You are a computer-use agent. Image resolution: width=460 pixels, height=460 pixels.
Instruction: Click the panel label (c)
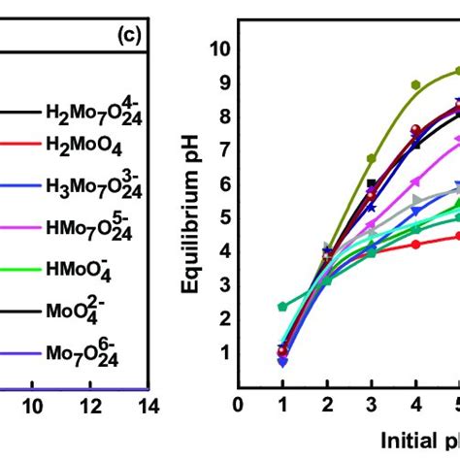coord(130,37)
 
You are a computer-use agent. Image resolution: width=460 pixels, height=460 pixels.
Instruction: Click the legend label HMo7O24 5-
coord(92,228)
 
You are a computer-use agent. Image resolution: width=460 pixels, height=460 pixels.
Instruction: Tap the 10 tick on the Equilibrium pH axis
coord(221,49)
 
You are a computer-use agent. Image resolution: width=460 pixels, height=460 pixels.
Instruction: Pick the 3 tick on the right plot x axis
coord(371,404)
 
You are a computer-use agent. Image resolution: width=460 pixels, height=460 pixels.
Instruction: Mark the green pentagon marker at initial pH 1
coord(282,307)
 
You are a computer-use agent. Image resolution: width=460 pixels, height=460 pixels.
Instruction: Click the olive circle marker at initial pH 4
coord(415,85)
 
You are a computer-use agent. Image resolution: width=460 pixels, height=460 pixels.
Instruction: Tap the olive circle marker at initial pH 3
coord(371,158)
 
